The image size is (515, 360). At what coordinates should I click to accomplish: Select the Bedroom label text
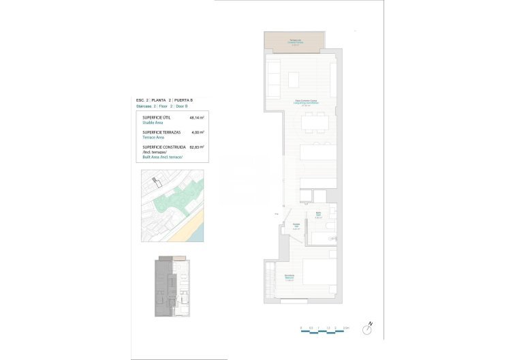[290, 276]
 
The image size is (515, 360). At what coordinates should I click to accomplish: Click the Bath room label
[319, 215]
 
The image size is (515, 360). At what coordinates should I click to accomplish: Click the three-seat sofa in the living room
[272, 78]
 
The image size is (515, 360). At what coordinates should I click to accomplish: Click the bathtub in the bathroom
[322, 239]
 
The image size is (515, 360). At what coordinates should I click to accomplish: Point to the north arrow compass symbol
[369, 328]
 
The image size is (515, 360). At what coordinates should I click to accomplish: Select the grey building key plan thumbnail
[170, 286]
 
